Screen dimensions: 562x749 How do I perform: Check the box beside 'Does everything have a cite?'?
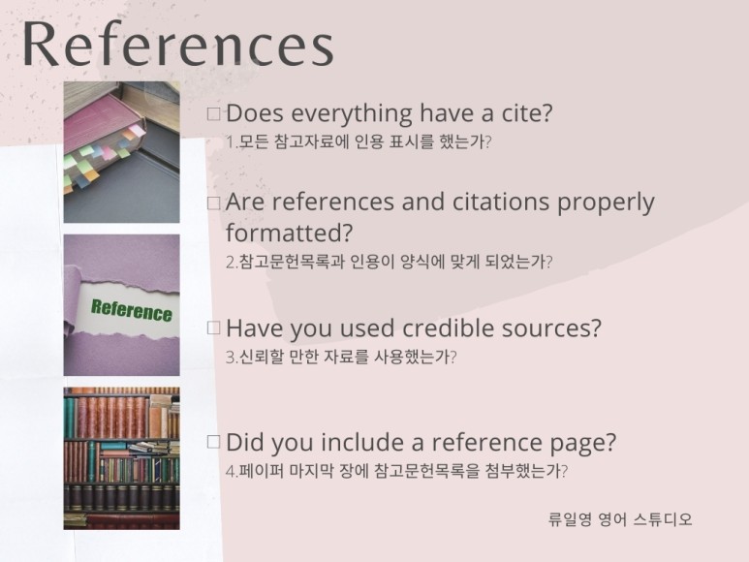(x=214, y=114)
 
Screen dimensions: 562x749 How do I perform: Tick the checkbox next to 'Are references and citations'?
(x=214, y=203)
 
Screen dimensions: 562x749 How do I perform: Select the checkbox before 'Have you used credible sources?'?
(x=214, y=328)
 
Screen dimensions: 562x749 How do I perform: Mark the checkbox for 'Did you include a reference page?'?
(x=214, y=443)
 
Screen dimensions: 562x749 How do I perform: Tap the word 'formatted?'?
(x=289, y=234)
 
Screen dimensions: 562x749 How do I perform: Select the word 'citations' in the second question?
(x=503, y=203)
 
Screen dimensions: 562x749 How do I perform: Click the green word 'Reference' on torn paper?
(x=131, y=310)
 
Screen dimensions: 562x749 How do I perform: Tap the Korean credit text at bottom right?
(x=620, y=519)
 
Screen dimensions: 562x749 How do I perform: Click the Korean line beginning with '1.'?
(x=359, y=141)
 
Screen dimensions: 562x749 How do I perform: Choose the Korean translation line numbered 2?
(x=389, y=262)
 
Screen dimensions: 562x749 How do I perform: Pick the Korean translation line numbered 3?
(x=340, y=356)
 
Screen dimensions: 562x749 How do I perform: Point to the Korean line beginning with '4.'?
(x=395, y=471)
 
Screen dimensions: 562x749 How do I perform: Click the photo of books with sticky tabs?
(x=121, y=151)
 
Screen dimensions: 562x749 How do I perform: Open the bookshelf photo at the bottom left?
(x=121, y=457)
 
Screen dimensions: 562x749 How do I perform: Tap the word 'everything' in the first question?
(x=353, y=113)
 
